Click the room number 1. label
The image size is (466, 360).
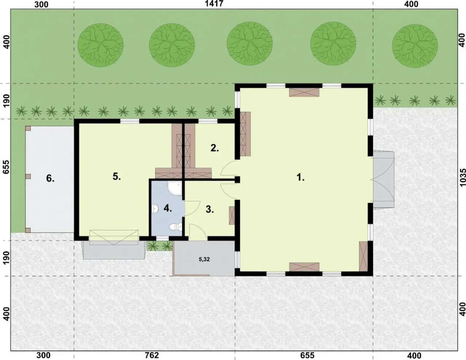tap(300, 177)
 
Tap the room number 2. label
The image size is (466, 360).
tap(214, 148)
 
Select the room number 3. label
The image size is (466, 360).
tap(209, 210)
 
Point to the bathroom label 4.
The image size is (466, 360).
tap(168, 208)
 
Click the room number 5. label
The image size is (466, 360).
tap(116, 177)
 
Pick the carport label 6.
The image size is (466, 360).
tap(50, 178)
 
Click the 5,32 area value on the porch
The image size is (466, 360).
tap(204, 259)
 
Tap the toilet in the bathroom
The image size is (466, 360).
tap(175, 227)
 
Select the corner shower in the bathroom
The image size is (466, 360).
tap(174, 189)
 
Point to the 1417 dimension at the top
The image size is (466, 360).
tap(214, 4)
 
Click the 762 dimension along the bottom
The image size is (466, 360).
tap(152, 355)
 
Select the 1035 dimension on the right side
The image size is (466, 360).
tap(462, 178)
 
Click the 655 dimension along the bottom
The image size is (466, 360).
tap(307, 355)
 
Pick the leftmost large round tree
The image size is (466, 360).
tap(100, 45)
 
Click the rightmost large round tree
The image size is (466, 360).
tap(415, 45)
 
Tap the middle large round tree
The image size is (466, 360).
tap(250, 44)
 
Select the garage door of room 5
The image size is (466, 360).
tap(114, 237)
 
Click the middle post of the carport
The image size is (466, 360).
tap(28, 176)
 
